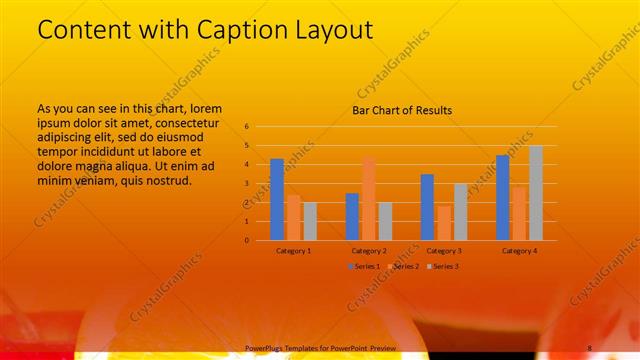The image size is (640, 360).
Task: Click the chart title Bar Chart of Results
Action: coord(402,110)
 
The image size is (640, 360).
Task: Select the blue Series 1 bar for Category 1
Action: coord(277,199)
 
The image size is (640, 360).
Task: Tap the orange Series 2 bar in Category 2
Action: coord(369,198)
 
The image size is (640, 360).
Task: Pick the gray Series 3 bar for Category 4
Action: coord(536,192)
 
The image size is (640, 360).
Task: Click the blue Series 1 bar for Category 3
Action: coord(427,207)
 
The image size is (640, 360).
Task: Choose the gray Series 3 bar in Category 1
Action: coord(311,221)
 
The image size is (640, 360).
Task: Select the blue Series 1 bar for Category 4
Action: coord(502,197)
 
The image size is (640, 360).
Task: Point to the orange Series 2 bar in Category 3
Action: coord(444,223)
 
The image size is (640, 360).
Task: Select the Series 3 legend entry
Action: coord(444,266)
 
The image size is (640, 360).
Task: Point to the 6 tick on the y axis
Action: coord(247,127)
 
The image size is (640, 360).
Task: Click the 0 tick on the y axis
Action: coord(247,240)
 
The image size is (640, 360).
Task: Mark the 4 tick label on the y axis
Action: coord(247,165)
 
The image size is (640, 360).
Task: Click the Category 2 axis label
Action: coord(369,251)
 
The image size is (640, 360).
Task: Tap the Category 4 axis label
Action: coord(519,251)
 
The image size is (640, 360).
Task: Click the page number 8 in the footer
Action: coord(590,347)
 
